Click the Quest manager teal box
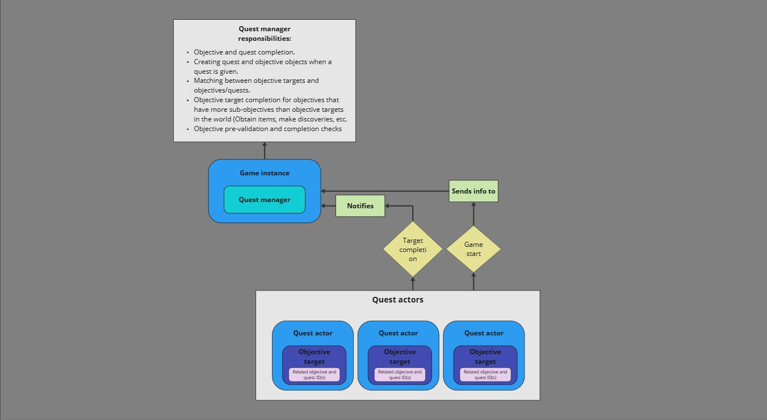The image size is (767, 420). point(265,200)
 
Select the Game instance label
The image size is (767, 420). point(265,173)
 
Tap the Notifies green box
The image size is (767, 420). point(361,206)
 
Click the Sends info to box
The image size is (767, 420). point(473,191)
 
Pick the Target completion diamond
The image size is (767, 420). point(413,250)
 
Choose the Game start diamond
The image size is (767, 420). point(473,249)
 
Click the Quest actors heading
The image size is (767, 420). point(397,300)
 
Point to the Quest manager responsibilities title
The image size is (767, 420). point(265,33)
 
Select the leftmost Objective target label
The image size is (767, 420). point(315,356)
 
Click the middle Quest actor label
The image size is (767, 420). point(398,333)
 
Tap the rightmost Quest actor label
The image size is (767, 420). point(484,333)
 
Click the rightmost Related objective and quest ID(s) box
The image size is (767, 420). point(485,375)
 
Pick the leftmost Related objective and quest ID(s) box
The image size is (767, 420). point(315,375)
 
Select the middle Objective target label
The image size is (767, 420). point(400,356)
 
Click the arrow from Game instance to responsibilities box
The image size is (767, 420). point(265,151)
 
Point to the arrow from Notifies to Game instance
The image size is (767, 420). point(328,206)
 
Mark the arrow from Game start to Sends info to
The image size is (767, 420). point(473,214)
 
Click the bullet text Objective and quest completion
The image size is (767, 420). point(244,52)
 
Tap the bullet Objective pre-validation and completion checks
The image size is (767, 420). point(267,129)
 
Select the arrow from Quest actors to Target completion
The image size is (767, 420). point(413,284)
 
